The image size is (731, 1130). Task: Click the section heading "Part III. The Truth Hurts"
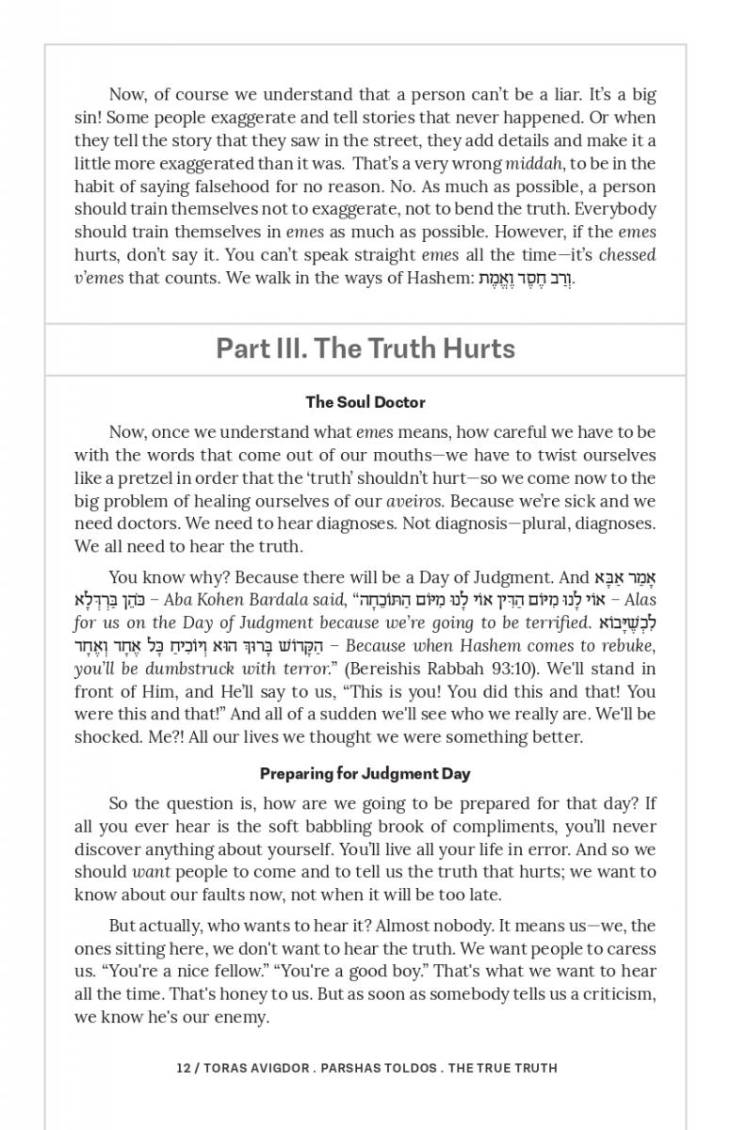(365, 348)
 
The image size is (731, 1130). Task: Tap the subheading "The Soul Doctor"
(365, 402)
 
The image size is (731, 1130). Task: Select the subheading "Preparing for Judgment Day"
(365, 774)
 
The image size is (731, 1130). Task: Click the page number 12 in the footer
(184, 1068)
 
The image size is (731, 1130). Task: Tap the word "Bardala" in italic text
(260, 600)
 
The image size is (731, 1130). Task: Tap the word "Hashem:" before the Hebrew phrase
(442, 278)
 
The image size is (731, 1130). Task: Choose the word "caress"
(629, 949)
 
